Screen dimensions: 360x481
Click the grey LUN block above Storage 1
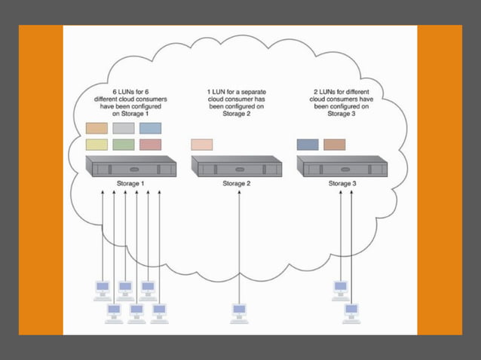[124, 128]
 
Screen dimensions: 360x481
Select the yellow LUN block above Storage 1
[97, 144]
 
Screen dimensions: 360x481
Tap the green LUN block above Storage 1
[124, 144]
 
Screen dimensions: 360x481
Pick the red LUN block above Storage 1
[151, 144]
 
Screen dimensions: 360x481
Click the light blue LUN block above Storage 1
[151, 128]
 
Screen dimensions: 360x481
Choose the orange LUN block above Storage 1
[97, 128]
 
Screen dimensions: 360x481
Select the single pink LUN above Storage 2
[202, 144]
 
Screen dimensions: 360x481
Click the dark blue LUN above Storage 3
[308, 144]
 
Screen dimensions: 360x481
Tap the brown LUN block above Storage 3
[334, 144]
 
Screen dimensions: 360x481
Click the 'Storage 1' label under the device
[131, 183]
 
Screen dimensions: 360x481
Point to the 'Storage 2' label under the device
[236, 183]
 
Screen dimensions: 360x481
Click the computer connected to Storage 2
[239, 312]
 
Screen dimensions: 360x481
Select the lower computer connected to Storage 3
[351, 312]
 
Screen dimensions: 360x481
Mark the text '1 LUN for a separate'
[236, 92]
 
